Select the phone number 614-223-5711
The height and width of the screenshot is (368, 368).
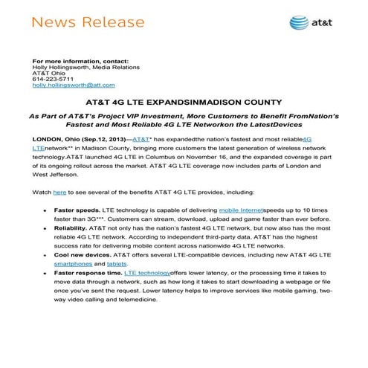(49, 79)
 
